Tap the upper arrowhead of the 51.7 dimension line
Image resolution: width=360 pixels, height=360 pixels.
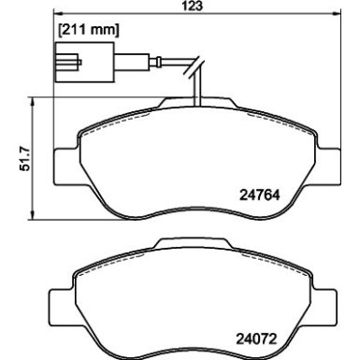click(34, 99)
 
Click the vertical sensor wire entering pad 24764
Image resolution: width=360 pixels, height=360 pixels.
click(196, 89)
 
